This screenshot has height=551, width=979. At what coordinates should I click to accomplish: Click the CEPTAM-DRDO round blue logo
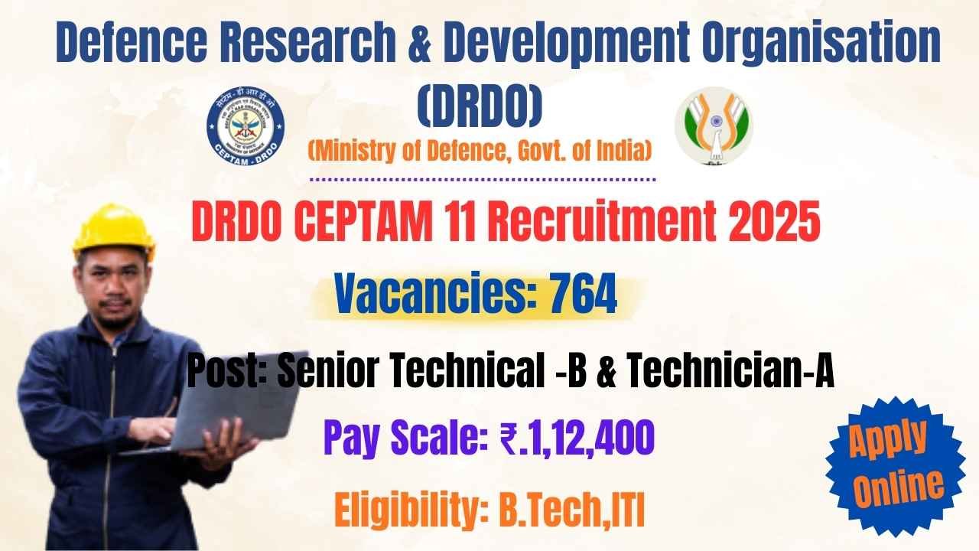tap(245, 123)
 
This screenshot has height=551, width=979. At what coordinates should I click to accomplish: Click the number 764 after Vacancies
tap(583, 295)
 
